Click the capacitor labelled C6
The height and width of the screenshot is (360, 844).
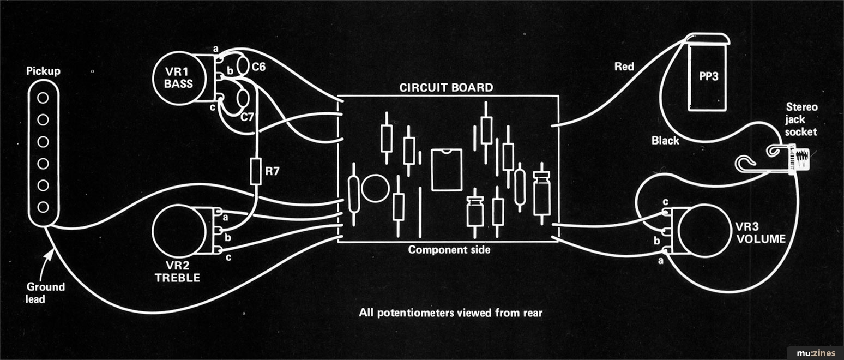pos(241,67)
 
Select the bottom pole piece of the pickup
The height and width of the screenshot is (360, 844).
pos(42,207)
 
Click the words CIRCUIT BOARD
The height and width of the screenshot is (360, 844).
pos(446,88)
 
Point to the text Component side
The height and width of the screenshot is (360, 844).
pos(449,250)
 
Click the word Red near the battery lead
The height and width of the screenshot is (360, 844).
pos(624,67)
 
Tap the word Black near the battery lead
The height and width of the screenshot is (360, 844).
pos(665,141)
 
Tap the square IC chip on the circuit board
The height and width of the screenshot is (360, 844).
pos(447,170)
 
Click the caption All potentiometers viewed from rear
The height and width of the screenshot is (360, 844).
pos(450,313)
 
